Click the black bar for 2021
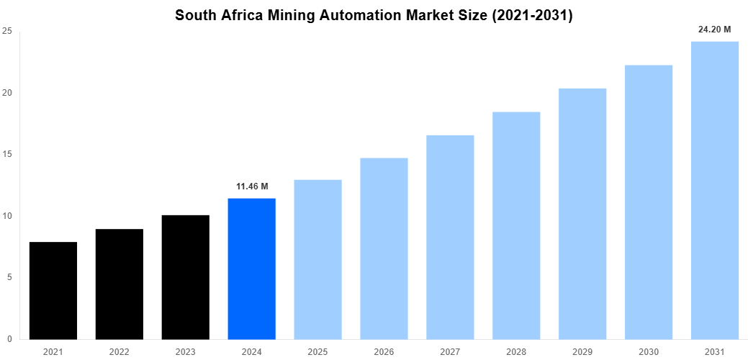point(53,290)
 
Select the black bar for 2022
point(120,284)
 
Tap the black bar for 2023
point(186,276)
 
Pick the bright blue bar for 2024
point(251,269)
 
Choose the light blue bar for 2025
point(317,259)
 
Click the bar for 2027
point(450,237)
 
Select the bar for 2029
point(582,213)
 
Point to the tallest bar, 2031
point(714,190)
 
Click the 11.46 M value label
point(251,186)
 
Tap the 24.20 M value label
point(714,30)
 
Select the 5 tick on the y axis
point(9,277)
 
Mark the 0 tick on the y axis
point(9,338)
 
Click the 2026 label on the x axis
point(384,352)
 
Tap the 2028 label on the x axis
point(516,352)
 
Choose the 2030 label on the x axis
point(648,352)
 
